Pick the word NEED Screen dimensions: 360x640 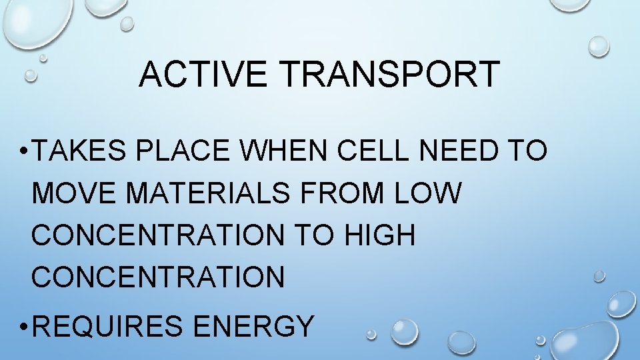coord(460,152)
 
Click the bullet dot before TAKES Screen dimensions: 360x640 coord(23,153)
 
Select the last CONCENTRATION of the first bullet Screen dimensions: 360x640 coord(158,276)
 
